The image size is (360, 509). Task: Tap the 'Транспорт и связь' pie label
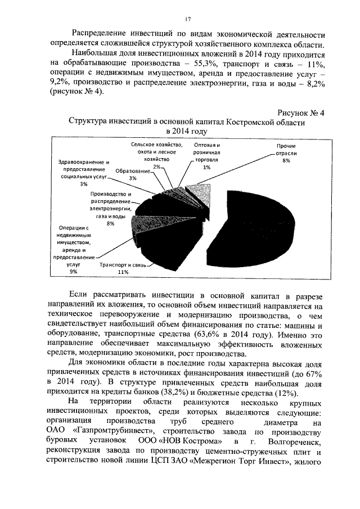(123, 264)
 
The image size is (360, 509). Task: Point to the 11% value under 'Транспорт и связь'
(123, 272)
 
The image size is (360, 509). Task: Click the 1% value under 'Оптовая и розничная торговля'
(207, 167)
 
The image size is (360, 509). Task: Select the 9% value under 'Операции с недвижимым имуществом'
(73, 272)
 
